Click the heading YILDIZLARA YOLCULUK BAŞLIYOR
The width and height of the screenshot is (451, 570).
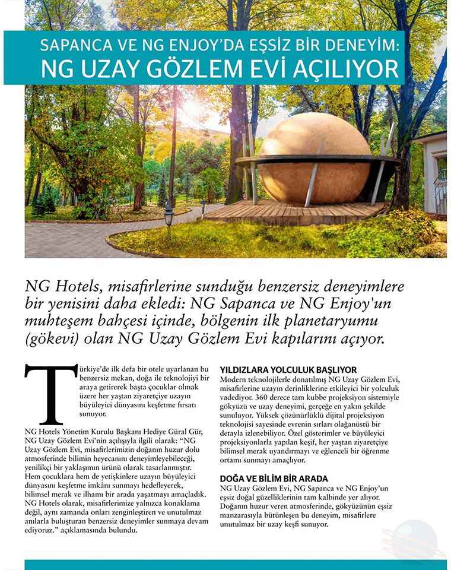coord(288,369)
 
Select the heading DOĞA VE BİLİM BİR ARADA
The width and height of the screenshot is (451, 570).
coord(274,479)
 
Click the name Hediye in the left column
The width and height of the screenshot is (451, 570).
coord(169,432)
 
